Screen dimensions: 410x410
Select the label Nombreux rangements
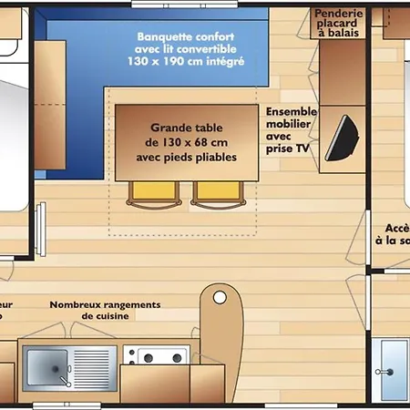(105, 304)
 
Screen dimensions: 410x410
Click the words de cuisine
(105, 316)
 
